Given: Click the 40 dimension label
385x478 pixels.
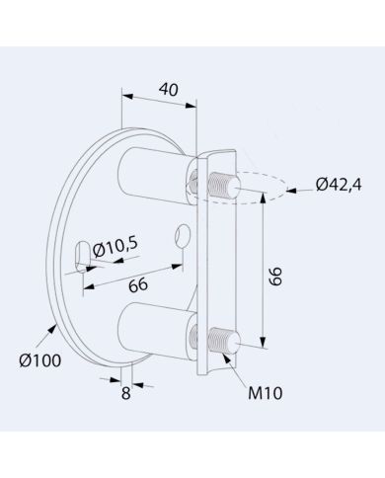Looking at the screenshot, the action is pyautogui.click(x=169, y=90).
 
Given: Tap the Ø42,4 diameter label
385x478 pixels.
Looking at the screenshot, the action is pyautogui.click(x=339, y=185).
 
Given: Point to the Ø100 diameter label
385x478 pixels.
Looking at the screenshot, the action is pyautogui.click(x=40, y=360).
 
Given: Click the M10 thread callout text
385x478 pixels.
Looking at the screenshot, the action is pyautogui.click(x=266, y=393).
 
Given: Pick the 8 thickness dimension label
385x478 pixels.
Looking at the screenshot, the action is pyautogui.click(x=125, y=393).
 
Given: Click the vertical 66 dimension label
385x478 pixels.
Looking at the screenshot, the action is pyautogui.click(x=275, y=276).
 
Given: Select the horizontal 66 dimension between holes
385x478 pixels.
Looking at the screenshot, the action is pyautogui.click(x=138, y=284).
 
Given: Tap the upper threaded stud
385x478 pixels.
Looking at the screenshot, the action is pyautogui.click(x=224, y=186).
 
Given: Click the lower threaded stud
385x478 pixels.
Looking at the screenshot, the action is pyautogui.click(x=224, y=341).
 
